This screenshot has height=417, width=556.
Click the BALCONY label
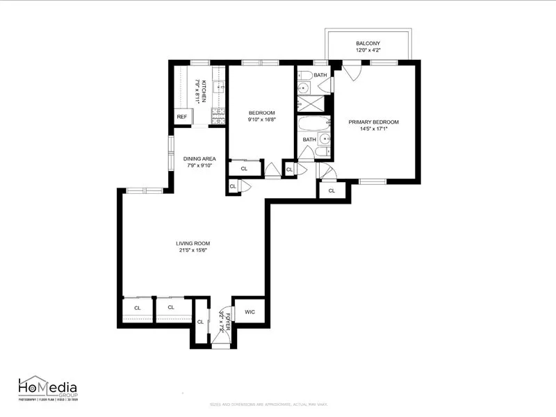(x=368, y=43)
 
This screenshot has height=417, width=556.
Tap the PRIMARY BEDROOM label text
(x=374, y=122)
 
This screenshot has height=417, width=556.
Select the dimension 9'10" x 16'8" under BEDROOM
(x=261, y=120)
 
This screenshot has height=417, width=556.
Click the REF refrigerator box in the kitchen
(x=181, y=117)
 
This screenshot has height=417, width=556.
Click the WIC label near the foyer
(x=250, y=312)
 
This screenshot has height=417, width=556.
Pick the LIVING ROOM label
(x=193, y=243)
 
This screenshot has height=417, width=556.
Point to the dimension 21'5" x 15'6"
(x=193, y=251)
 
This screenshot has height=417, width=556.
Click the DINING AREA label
(x=199, y=158)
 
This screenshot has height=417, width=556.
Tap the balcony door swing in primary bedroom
(x=352, y=72)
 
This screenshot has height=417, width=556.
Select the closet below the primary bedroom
(x=332, y=190)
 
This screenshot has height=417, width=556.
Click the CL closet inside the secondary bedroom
(x=244, y=169)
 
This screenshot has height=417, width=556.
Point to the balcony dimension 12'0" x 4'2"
(x=368, y=51)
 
